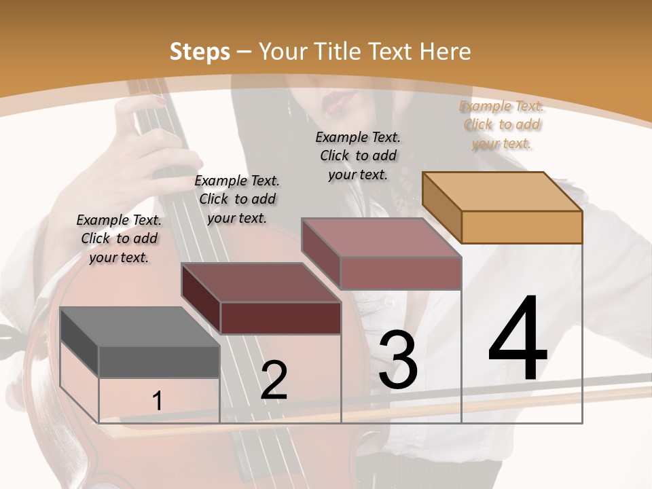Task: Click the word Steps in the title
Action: pyautogui.click(x=200, y=52)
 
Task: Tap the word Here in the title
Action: pyautogui.click(x=445, y=52)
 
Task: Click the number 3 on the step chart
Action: pyautogui.click(x=398, y=359)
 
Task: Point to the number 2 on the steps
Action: pyautogui.click(x=274, y=380)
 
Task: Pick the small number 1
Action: pyautogui.click(x=157, y=401)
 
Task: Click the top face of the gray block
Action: pyautogui.click(x=140, y=327)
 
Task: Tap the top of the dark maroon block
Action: pyautogui.click(x=261, y=283)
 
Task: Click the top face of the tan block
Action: pyautogui.click(x=503, y=192)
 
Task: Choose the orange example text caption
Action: pyautogui.click(x=501, y=125)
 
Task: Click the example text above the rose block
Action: pyautogui.click(x=358, y=156)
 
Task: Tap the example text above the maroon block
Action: pyautogui.click(x=237, y=199)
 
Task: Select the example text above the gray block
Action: pyautogui.click(x=119, y=238)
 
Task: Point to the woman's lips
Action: pyautogui.click(x=338, y=102)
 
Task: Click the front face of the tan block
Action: pyautogui.click(x=522, y=227)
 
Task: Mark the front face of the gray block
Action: pyautogui.click(x=159, y=362)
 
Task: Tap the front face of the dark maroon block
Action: pyautogui.click(x=280, y=318)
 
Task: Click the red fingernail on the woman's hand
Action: pyautogui.click(x=162, y=101)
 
